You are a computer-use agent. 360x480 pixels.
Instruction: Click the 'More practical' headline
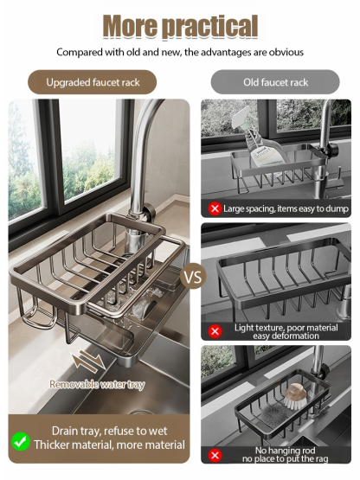(180, 27)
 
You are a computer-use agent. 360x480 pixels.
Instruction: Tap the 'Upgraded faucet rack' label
(93, 82)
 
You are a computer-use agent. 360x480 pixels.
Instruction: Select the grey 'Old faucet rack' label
(275, 82)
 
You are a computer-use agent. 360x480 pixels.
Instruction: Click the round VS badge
(193, 276)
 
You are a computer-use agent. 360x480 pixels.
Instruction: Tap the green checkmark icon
(21, 441)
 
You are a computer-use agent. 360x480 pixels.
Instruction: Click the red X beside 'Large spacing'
(215, 208)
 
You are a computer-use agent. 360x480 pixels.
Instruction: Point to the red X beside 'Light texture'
(215, 331)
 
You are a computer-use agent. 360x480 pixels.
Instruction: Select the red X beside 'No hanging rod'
(215, 455)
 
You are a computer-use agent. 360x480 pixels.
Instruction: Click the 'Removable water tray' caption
(97, 384)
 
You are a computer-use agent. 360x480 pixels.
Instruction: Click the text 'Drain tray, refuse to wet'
(109, 431)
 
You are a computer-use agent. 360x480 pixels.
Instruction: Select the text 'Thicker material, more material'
(109, 445)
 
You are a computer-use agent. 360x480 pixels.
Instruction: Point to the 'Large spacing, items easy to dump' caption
(286, 208)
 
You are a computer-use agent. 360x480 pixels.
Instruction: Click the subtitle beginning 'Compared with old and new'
(180, 53)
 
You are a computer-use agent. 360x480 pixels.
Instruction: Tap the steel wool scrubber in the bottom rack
(272, 414)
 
